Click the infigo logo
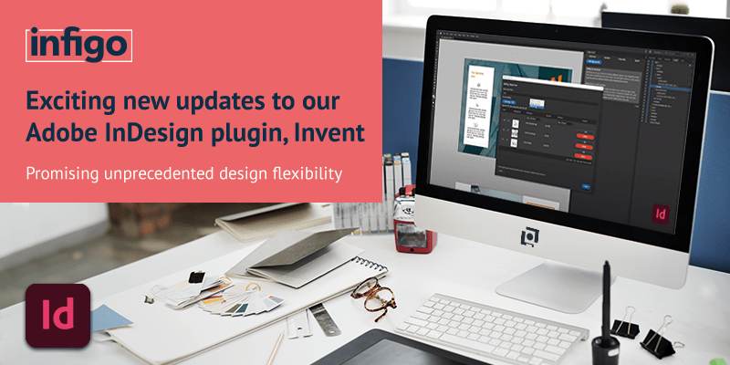click(x=78, y=43)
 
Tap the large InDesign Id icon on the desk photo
click(x=57, y=317)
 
